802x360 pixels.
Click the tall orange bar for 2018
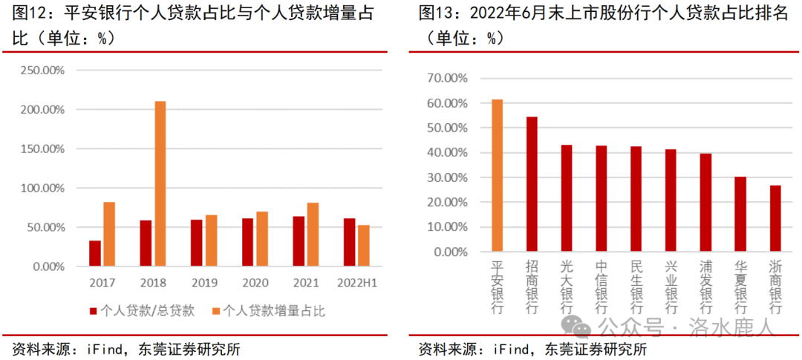pyautogui.click(x=160, y=183)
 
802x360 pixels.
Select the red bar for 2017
pyautogui.click(x=94, y=253)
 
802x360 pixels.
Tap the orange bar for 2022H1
pyautogui.click(x=363, y=246)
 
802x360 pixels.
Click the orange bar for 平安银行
pyautogui.click(x=497, y=176)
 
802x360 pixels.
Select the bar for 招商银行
pyautogui.click(x=532, y=184)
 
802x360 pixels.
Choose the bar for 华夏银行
pyautogui.click(x=740, y=214)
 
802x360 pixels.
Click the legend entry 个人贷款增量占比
pyautogui.click(x=267, y=310)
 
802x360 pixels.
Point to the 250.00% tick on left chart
pyautogui.click(x=42, y=71)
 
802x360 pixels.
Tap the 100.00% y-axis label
pyautogui.click(x=42, y=188)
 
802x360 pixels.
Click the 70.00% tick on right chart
pyautogui.click(x=447, y=78)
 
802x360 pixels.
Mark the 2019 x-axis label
pyautogui.click(x=206, y=283)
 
